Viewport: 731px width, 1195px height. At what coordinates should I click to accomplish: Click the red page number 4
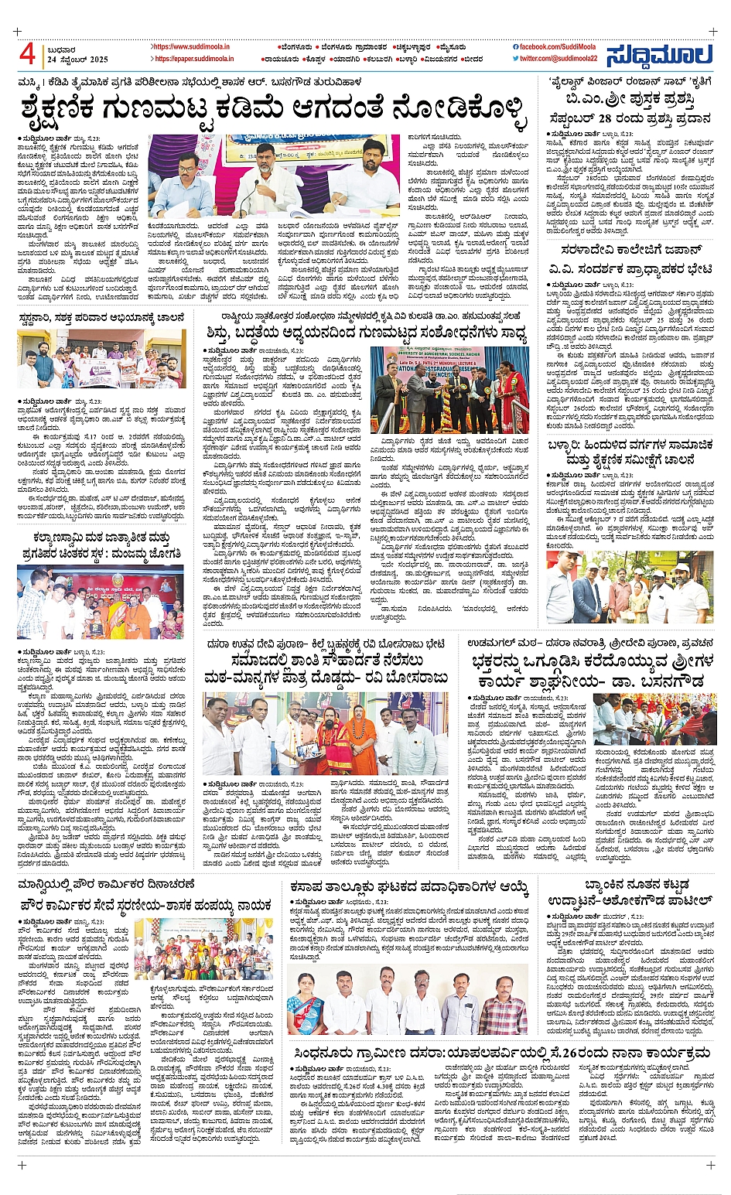coord(28,54)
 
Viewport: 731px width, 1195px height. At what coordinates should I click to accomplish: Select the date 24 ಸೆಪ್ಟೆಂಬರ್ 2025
coord(77,60)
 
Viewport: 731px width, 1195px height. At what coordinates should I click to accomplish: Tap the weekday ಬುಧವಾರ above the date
coord(61,50)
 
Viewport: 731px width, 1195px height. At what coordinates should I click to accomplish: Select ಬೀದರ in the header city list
coord(472,59)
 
